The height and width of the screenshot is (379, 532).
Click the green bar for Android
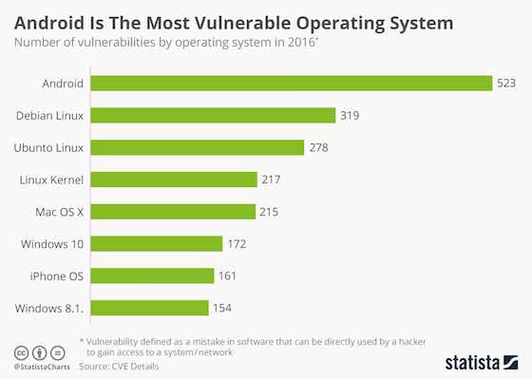pos(291,83)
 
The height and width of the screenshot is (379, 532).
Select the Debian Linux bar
pos(214,115)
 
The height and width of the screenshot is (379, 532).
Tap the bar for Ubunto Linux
pos(198,147)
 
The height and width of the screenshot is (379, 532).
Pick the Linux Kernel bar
pos(174,180)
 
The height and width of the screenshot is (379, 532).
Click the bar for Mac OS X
pos(173,211)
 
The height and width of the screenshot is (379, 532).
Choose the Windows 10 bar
pos(157,243)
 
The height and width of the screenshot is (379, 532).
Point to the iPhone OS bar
pos(152,275)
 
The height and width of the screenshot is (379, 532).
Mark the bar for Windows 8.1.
pos(149,308)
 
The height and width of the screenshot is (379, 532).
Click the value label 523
pos(507,83)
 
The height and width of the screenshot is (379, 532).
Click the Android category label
pos(60,83)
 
